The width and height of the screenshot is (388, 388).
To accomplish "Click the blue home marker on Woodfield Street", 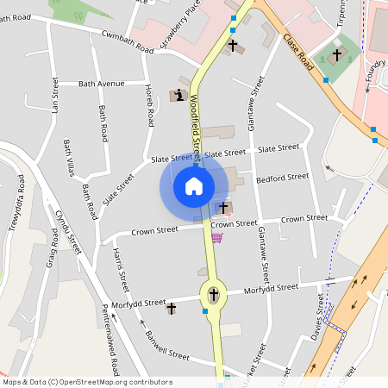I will point(194,186).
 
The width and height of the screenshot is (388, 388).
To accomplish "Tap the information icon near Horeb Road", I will point(178,96).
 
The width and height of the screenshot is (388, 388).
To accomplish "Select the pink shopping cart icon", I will point(217,237).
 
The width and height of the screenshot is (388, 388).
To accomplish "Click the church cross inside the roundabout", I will point(213,296).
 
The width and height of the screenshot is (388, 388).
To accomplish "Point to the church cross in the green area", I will point(336,55).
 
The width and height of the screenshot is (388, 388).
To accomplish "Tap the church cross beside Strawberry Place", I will point(232,45).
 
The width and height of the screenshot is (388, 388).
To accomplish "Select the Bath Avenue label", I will point(101,84).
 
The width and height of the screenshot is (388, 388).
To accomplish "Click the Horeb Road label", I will point(150,106).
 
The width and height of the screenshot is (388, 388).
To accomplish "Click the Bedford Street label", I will point(282,178).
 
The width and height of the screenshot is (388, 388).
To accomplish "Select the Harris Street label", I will point(121,268).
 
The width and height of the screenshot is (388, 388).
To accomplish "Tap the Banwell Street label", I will point(166,345).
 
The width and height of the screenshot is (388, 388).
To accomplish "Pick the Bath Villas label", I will point(69,157).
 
